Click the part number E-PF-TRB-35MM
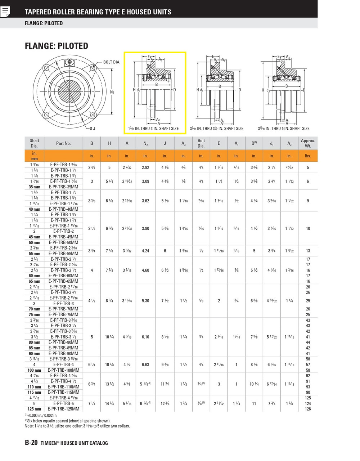click(63, 187)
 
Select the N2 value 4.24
click(145, 251)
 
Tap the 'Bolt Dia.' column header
click(201, 143)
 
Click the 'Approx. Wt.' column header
click(308, 143)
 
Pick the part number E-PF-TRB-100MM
click(63, 370)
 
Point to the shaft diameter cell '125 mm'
click(35, 409)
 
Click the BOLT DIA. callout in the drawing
click(112, 62)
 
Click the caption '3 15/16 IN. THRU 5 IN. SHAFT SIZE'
click(283, 129)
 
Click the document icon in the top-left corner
click(5, 12)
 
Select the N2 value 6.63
click(145, 364)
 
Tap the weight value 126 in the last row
click(308, 409)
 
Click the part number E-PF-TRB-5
click(63, 403)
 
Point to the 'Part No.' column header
click(63, 143)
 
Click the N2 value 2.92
click(145, 167)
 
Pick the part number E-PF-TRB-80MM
click(63, 342)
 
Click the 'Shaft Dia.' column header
click(35, 143)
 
